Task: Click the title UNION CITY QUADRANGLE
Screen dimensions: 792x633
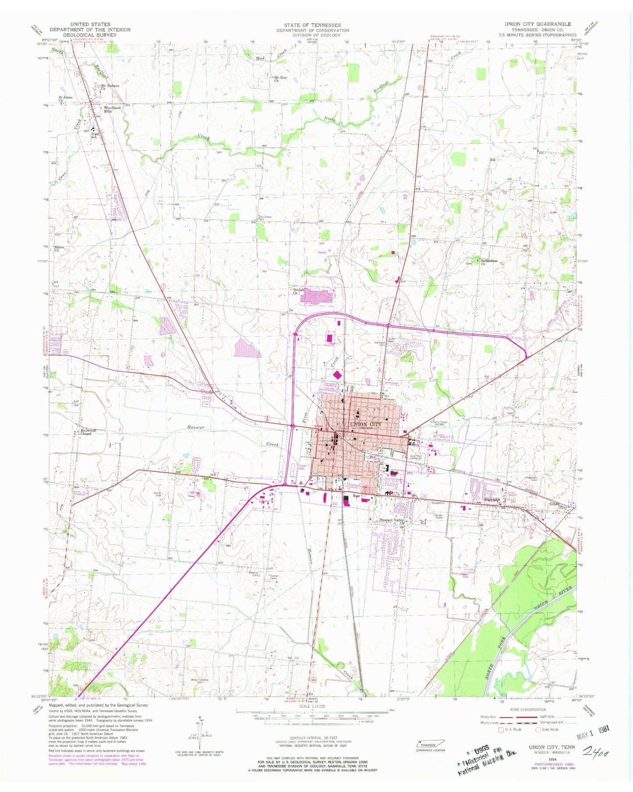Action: tap(538, 24)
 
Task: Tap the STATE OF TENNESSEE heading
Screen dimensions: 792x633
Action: tap(312, 25)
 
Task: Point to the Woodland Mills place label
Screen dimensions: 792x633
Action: tap(108, 110)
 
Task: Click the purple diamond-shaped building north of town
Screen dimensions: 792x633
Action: tap(338, 375)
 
